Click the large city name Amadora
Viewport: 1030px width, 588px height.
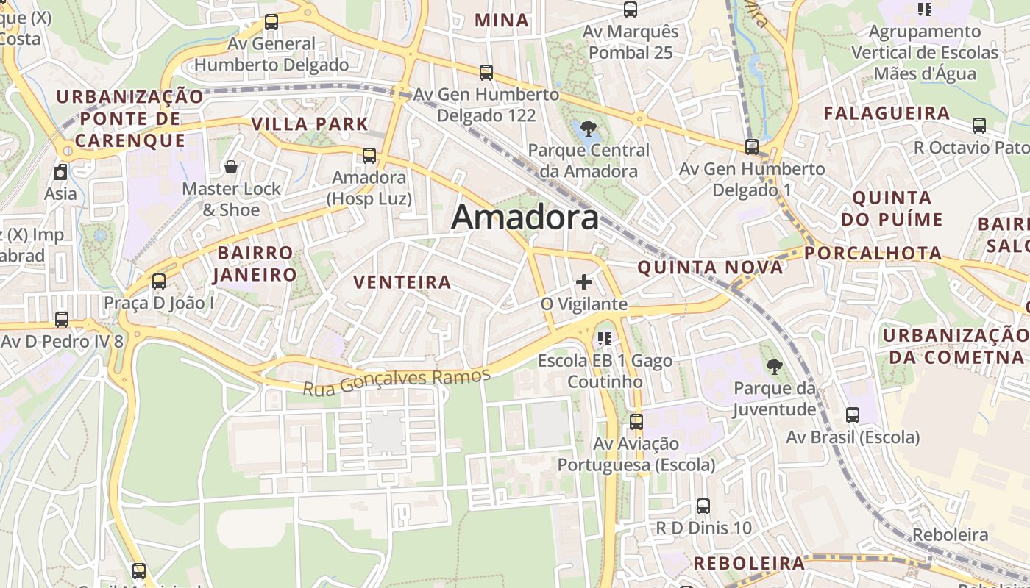(x=525, y=218)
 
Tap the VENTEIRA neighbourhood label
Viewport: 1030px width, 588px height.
(x=402, y=282)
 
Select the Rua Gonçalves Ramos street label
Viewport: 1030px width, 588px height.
(x=397, y=381)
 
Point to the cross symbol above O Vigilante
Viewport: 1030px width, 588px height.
(x=584, y=282)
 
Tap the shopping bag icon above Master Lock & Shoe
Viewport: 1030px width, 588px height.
(x=231, y=168)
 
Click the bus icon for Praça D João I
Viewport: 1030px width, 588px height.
(x=158, y=282)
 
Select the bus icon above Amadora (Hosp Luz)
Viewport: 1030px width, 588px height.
(x=369, y=156)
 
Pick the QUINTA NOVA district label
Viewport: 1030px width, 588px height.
(x=710, y=268)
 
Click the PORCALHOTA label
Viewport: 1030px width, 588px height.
(x=873, y=254)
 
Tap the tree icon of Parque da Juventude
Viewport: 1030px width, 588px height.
(x=774, y=366)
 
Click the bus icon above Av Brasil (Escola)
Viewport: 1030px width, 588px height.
(x=853, y=415)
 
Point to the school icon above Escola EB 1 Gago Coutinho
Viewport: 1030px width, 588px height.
(x=605, y=339)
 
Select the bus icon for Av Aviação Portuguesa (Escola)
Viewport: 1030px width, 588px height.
(x=636, y=422)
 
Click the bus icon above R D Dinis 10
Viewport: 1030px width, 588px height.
(x=703, y=506)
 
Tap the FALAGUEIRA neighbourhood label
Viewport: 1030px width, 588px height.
(x=887, y=113)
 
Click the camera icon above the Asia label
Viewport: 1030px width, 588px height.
(x=60, y=173)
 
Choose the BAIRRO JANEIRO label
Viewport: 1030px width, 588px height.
(x=255, y=264)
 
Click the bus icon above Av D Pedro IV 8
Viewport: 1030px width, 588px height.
(x=62, y=320)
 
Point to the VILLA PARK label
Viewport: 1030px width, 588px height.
(x=310, y=123)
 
